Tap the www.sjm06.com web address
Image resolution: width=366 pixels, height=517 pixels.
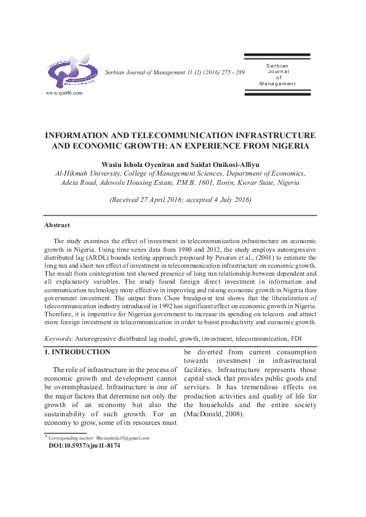(x=64, y=93)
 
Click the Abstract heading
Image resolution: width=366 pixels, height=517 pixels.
(x=57, y=225)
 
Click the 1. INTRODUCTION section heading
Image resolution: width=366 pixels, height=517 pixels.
(x=78, y=352)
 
